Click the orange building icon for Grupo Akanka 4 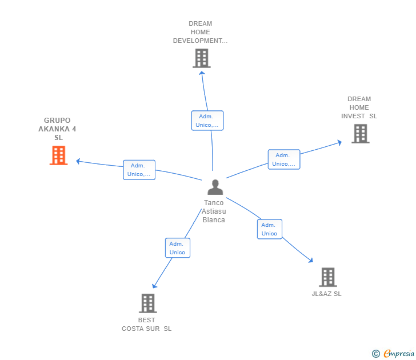click(58, 155)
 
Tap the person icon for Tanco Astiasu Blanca click(215, 187)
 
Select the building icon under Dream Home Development click(201, 58)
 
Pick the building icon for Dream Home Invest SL click(360, 134)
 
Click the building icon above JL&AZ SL click(327, 277)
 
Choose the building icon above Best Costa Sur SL click(147, 303)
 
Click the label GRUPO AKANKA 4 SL click(58, 129)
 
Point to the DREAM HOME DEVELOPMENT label click(200, 32)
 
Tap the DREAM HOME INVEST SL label click(359, 107)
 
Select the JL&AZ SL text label click(327, 294)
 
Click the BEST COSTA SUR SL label click(146, 325)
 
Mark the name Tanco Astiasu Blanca click(214, 211)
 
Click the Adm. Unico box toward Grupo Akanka click(139, 170)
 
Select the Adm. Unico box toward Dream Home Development click(207, 121)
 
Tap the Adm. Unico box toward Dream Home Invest click(284, 159)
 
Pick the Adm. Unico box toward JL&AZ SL click(269, 229)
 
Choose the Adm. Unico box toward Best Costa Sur click(177, 248)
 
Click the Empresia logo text click(398, 354)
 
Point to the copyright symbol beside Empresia click(375, 354)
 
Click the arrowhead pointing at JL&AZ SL click(311, 261)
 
